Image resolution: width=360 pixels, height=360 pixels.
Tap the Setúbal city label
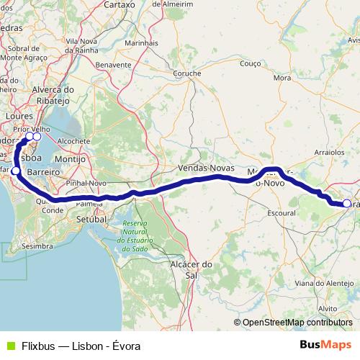pyautogui.click(x=91, y=218)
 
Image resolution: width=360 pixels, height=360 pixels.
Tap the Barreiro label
pyautogui.click(x=42, y=173)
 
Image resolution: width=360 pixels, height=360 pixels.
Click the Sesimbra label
pyautogui.click(x=37, y=246)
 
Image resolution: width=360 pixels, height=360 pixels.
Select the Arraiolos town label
pyautogui.click(x=330, y=153)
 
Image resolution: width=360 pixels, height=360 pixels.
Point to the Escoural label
pyautogui.click(x=282, y=214)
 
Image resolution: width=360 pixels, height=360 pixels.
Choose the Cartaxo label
pyautogui.click(x=120, y=4)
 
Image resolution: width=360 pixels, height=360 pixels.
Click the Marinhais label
pyautogui.click(x=141, y=43)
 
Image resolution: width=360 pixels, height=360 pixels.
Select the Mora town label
pyautogui.click(x=282, y=78)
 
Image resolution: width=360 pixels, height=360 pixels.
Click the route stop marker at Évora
pyautogui.click(x=346, y=204)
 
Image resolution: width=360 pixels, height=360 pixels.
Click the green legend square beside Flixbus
pyautogui.click(x=9, y=346)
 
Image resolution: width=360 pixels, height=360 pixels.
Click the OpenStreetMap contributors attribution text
pyautogui.click(x=297, y=323)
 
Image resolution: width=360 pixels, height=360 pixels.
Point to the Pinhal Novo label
pyautogui.click(x=86, y=184)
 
